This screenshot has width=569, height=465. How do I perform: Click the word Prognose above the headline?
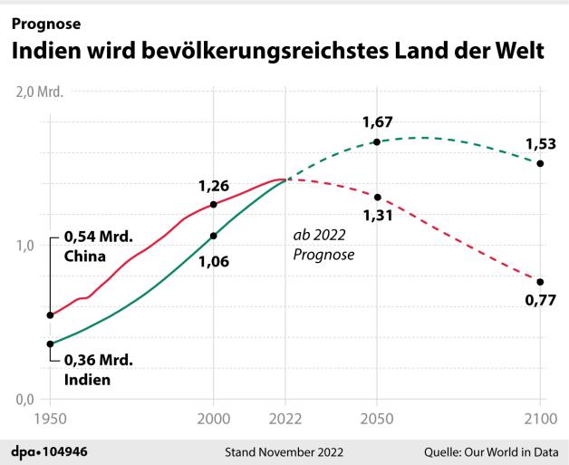[x=46, y=24]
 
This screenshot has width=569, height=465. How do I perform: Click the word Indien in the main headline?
[x=46, y=50]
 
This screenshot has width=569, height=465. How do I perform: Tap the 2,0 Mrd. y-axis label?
[x=40, y=92]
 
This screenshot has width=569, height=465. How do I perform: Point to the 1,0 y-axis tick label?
[x=25, y=247]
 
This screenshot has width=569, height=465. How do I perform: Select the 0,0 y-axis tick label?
[x=25, y=400]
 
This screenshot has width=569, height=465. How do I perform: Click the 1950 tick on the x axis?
[x=51, y=419]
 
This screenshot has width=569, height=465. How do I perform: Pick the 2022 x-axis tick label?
[x=285, y=419]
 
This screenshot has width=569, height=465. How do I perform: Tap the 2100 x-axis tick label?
[x=540, y=419]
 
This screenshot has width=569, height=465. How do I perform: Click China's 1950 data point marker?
[x=51, y=315]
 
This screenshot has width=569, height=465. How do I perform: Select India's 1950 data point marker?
[x=51, y=344]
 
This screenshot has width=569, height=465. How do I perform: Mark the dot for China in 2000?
[x=214, y=205]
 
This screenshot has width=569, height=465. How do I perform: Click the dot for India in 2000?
[x=214, y=236]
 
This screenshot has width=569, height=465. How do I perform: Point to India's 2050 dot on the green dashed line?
[x=377, y=142]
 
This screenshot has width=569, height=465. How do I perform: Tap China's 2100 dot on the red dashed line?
[x=540, y=282]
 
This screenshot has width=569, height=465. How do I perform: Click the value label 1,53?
[x=541, y=144]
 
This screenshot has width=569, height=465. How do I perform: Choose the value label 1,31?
[x=378, y=216]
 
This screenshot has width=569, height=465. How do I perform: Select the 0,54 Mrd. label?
[x=99, y=237]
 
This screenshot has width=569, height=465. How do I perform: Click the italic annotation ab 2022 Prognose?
[x=323, y=245]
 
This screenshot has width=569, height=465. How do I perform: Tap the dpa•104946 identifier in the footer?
[x=49, y=452]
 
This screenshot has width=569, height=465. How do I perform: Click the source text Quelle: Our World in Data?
[x=491, y=452]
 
